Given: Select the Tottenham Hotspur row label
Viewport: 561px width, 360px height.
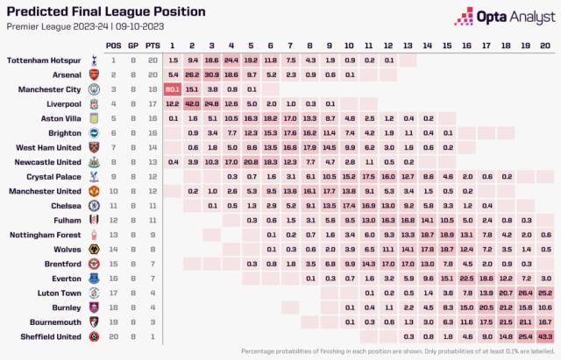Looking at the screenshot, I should tap(46, 59).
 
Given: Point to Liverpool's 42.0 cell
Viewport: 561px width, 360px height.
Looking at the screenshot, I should tap(192, 103).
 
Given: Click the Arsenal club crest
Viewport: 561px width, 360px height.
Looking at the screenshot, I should tap(93, 74).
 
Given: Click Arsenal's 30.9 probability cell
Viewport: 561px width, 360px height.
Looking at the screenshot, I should tap(211, 74).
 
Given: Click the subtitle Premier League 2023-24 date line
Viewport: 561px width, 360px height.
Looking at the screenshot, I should tap(63, 26).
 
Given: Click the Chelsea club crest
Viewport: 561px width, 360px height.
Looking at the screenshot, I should tap(93, 205).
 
